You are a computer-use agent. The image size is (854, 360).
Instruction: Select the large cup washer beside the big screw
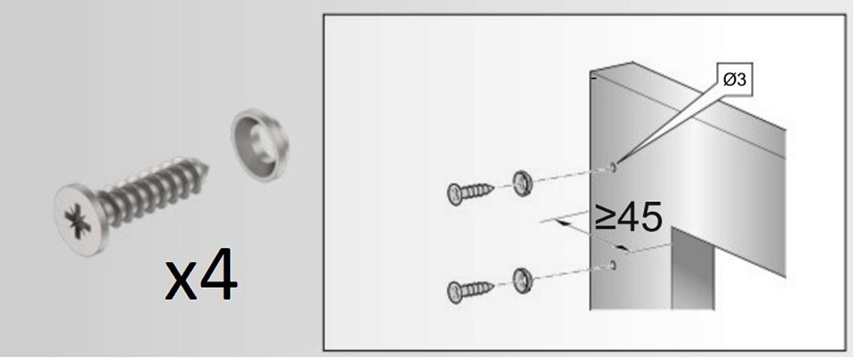coord(260,144)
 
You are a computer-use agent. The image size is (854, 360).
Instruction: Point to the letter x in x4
coord(181,281)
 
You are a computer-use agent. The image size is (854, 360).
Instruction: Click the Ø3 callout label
coord(734,80)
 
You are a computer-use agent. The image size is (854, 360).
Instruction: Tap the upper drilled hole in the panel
coord(613,167)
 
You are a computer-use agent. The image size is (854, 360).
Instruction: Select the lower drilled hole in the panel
coord(613,265)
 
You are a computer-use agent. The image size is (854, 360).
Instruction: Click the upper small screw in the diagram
coord(470,194)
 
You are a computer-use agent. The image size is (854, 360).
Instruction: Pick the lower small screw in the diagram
coord(470,292)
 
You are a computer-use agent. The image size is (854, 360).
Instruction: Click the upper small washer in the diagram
coord(522,184)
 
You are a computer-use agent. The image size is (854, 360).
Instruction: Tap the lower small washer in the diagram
coord(522,281)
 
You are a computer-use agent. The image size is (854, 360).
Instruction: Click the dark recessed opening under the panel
coord(692,270)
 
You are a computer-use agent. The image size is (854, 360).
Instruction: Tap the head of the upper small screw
coord(455,195)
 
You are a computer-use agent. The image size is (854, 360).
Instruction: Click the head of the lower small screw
coord(455,293)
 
